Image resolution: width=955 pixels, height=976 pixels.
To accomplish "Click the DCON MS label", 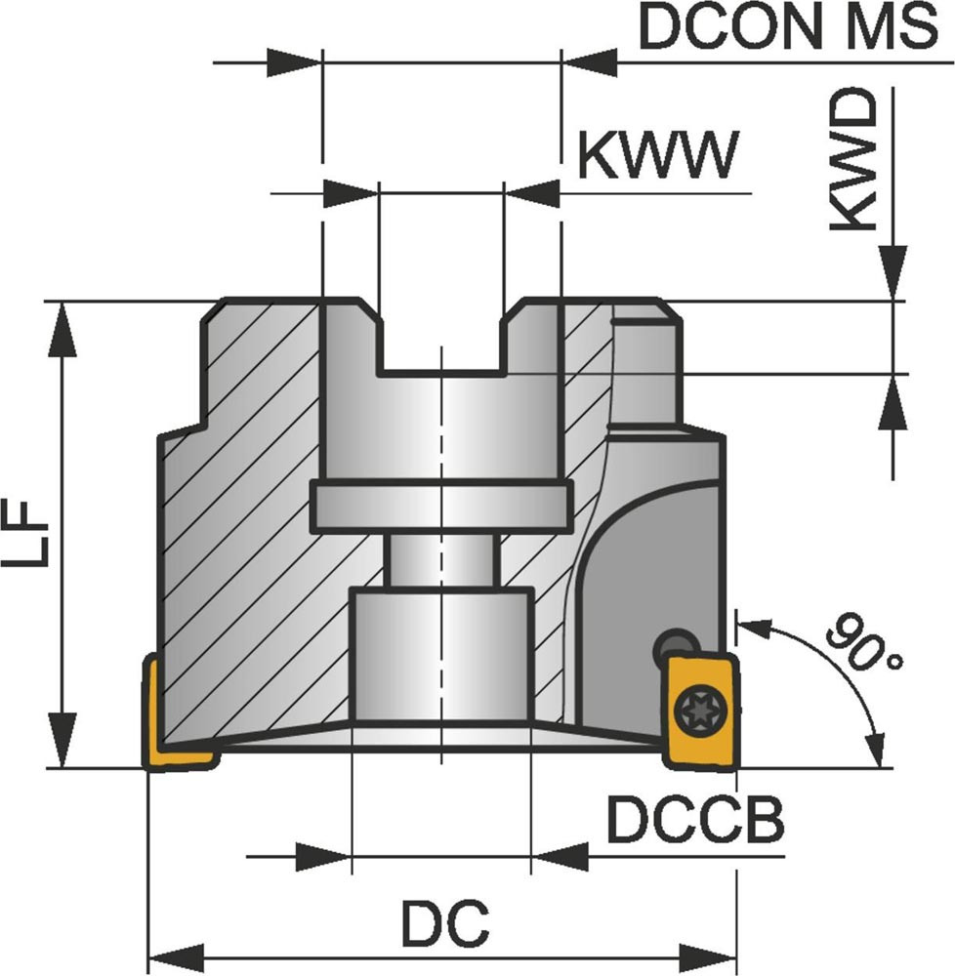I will pyautogui.click(x=787, y=29).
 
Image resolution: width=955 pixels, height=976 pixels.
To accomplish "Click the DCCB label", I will pyautogui.click(x=694, y=821).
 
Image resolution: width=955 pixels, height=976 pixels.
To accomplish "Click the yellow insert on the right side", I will pyautogui.click(x=699, y=710).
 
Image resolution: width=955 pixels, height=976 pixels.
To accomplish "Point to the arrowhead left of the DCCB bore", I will pyautogui.click(x=323, y=858).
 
